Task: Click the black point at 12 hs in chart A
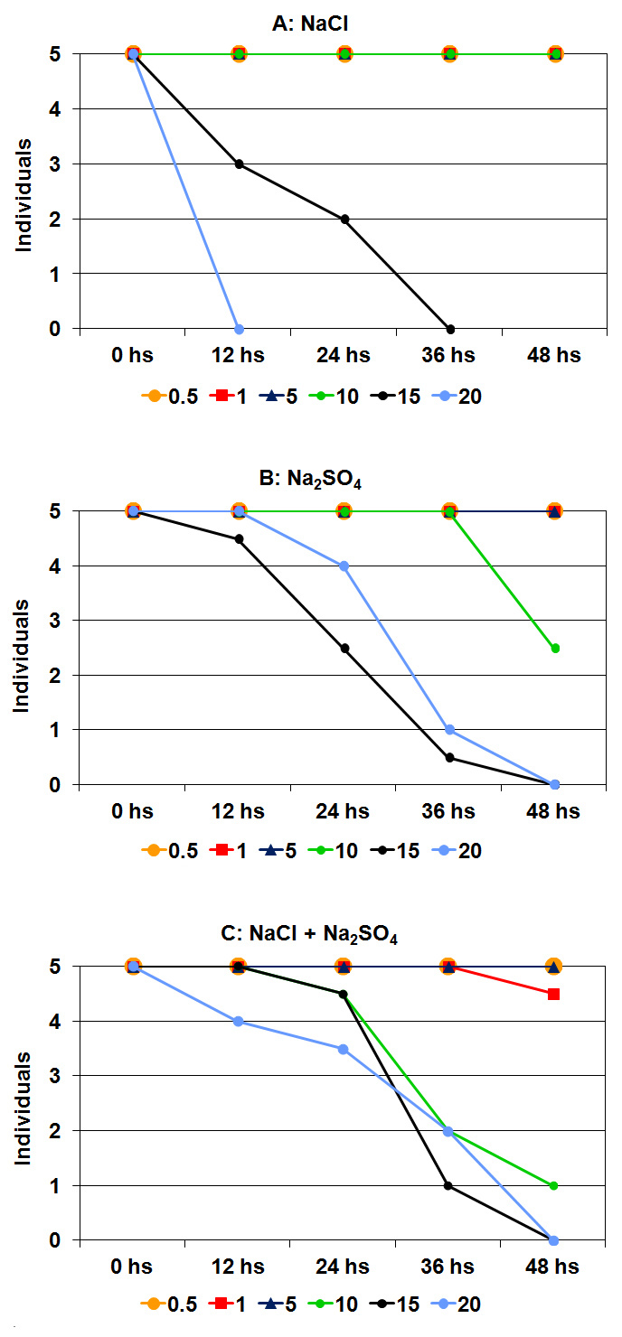(239, 164)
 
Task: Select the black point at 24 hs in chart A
(344, 219)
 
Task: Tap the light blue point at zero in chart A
(239, 329)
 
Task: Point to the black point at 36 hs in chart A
(450, 329)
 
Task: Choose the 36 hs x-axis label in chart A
(450, 356)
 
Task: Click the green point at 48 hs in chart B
(555, 648)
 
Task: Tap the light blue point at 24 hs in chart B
(344, 566)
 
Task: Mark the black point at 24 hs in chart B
(344, 648)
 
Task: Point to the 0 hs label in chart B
(133, 811)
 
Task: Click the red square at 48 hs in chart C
(555, 994)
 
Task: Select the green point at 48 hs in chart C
(555, 1185)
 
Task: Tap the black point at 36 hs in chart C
(450, 1185)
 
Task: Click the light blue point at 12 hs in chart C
(239, 1021)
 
